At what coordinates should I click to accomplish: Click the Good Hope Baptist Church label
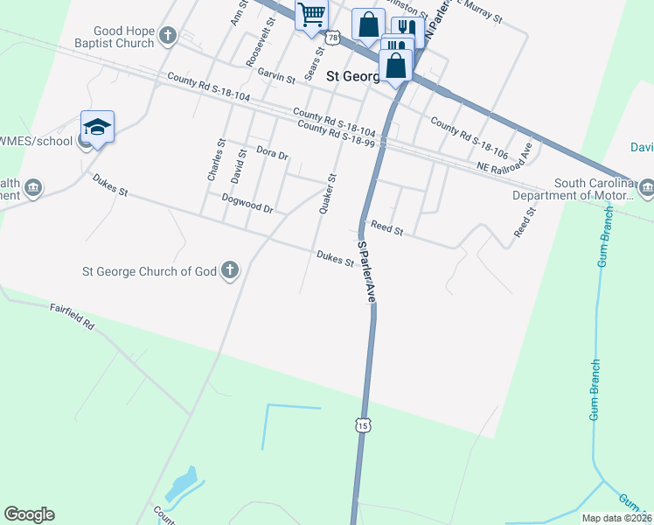[x=111, y=35]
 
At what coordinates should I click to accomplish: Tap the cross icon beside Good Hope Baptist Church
[x=168, y=36]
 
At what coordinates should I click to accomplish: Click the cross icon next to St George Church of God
[x=230, y=269]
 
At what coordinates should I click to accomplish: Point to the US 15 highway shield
[x=362, y=425]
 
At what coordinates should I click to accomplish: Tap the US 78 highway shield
[x=332, y=38]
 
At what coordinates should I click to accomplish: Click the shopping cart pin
[x=311, y=15]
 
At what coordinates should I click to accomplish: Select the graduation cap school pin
[x=97, y=127]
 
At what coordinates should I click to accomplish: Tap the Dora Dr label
[x=272, y=153]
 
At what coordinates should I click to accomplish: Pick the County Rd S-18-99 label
[x=336, y=133]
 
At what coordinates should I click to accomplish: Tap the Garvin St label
[x=275, y=77]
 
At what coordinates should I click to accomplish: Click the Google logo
[x=30, y=514]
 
